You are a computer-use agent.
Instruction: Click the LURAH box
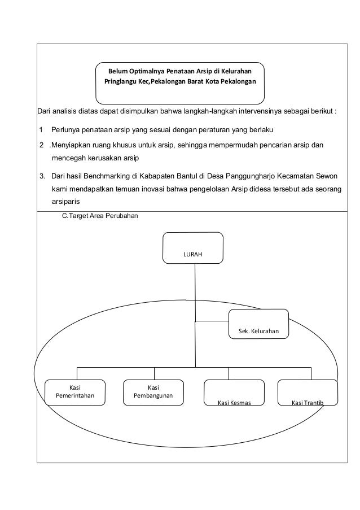point(192,248)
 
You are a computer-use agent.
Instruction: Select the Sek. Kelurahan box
point(258,324)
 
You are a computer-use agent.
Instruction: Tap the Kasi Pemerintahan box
point(74,392)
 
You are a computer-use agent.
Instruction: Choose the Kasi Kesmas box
point(234,393)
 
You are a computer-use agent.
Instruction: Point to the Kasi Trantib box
point(308,393)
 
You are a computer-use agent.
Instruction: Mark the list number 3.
point(42,175)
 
